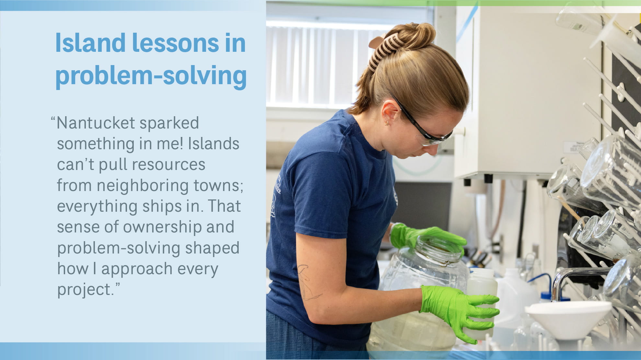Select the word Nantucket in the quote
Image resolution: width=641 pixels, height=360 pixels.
click(96, 123)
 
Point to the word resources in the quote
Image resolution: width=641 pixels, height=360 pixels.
click(168, 164)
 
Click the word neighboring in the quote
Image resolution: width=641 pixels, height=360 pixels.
click(143, 186)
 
